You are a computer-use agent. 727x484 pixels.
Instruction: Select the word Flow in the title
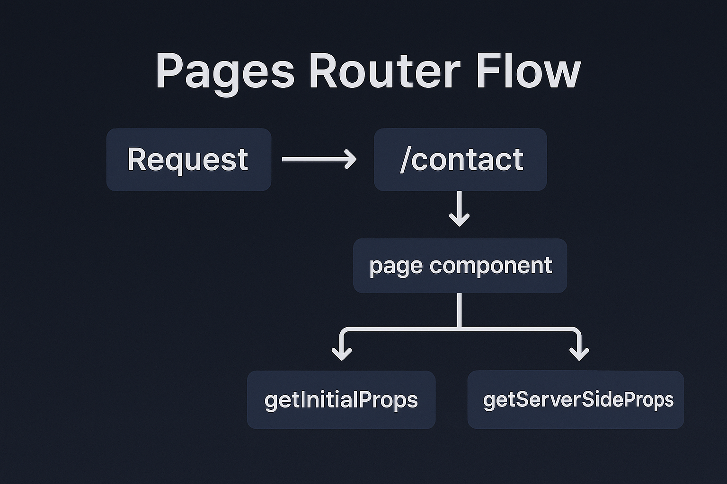click(x=528, y=71)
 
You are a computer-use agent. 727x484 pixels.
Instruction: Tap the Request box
click(x=188, y=160)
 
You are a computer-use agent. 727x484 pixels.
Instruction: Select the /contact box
click(x=460, y=160)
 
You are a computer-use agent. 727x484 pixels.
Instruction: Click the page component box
click(x=460, y=266)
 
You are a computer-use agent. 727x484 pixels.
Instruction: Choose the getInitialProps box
click(x=341, y=400)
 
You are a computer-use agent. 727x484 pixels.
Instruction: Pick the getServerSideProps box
click(x=576, y=400)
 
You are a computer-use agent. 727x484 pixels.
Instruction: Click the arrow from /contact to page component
click(x=459, y=208)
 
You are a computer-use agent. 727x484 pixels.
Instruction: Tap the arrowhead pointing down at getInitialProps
click(x=342, y=354)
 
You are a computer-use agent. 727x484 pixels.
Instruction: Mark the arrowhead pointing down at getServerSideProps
click(x=579, y=354)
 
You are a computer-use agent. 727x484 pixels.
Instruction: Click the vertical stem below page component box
click(x=459, y=310)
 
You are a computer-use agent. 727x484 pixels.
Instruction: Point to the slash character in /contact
click(x=405, y=160)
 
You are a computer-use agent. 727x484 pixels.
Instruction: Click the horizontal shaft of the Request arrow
click(x=312, y=159)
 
